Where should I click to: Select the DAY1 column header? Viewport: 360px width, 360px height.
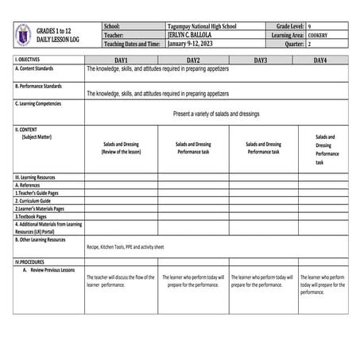(121, 60)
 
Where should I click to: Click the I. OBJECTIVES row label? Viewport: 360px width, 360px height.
(28, 60)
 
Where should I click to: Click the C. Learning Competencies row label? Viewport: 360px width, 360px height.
(40, 103)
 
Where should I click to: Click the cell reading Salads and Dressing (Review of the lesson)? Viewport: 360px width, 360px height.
(121, 148)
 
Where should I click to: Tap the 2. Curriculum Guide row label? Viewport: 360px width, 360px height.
(33, 200)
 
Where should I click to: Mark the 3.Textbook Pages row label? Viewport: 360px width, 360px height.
(30, 216)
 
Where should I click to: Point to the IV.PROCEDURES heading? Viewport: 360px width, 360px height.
(32, 261)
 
